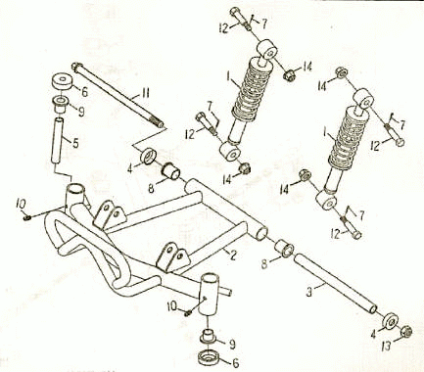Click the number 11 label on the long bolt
click(145, 94)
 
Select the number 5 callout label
click(75, 143)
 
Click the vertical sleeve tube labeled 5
click(57, 139)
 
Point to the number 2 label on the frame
click(232, 255)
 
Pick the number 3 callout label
click(309, 292)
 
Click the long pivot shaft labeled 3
click(336, 284)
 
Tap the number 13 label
click(387, 347)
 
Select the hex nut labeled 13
click(406, 332)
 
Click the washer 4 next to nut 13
click(391, 321)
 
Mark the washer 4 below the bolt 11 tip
click(149, 156)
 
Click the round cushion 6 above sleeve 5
click(62, 81)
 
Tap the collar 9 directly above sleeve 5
click(60, 104)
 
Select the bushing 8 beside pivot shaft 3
click(285, 249)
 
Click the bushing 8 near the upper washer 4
click(171, 171)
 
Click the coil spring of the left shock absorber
click(252, 87)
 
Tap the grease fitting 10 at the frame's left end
click(27, 216)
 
